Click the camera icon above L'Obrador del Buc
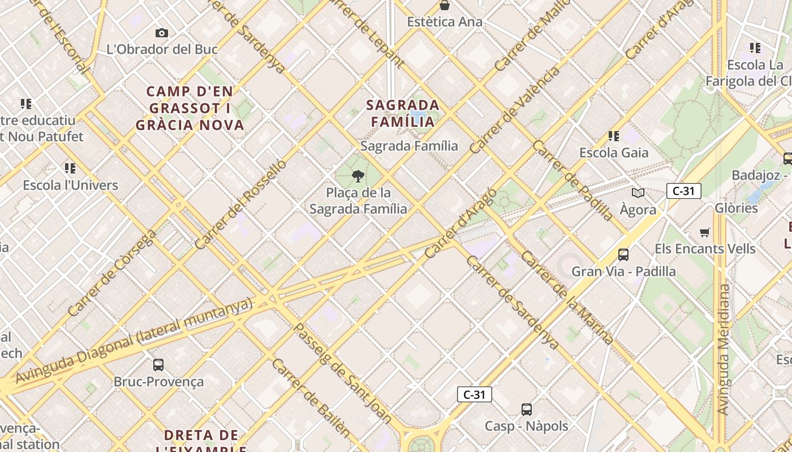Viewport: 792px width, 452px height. (x=162, y=33)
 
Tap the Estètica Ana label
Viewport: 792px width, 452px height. (x=445, y=22)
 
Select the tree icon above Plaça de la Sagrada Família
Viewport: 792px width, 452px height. (x=358, y=177)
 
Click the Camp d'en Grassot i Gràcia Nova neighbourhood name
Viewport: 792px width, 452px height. (x=190, y=108)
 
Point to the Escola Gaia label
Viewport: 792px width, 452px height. (x=614, y=153)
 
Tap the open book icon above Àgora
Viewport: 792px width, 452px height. (x=638, y=193)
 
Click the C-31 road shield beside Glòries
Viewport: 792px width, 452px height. (x=683, y=191)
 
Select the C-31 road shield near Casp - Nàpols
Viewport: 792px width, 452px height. (x=474, y=394)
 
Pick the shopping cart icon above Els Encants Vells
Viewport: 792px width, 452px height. (x=705, y=232)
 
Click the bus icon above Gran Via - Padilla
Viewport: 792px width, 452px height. (x=623, y=255)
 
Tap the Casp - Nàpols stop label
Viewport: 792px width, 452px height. (x=526, y=425)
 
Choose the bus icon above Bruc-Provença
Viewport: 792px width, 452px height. (x=158, y=365)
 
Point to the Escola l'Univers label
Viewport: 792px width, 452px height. (x=70, y=185)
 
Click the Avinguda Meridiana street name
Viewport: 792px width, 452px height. (x=723, y=350)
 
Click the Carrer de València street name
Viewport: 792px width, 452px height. (x=515, y=110)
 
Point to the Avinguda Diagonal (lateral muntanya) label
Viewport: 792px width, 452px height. (x=134, y=341)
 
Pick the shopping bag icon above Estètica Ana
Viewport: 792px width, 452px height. (x=445, y=6)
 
